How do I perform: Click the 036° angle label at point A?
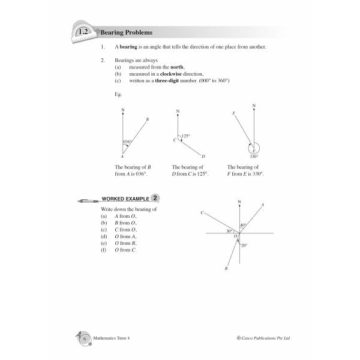127,142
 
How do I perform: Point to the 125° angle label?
186,136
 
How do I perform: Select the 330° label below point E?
254,156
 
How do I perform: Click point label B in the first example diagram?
147,120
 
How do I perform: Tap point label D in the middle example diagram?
203,157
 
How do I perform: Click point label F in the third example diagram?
233,113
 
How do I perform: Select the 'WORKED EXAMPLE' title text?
125,198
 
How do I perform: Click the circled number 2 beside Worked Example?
155,197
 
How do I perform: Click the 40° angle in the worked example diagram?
243,226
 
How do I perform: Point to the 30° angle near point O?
229,231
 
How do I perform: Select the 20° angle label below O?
244,245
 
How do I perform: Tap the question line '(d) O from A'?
124,236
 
